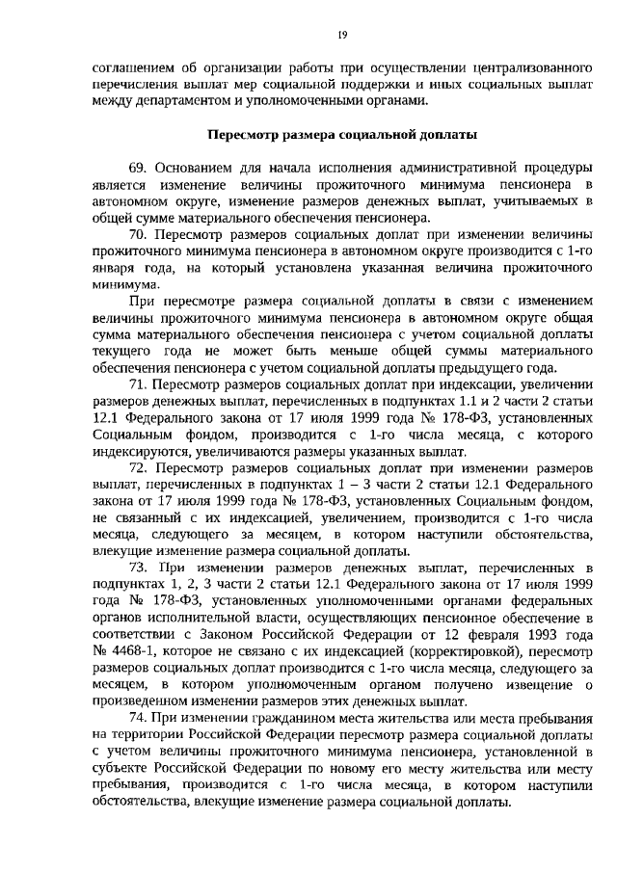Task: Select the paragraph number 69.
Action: [x=139, y=167]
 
